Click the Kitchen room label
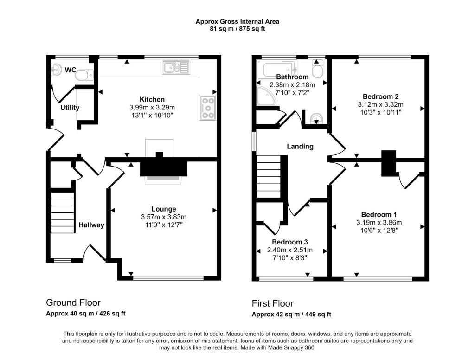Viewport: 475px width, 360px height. click(152, 99)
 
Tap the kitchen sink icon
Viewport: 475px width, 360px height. click(176, 68)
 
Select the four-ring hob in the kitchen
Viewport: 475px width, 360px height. click(207, 108)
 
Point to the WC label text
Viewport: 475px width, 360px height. click(71, 70)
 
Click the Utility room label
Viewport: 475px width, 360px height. click(70, 108)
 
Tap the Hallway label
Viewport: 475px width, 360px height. click(91, 225)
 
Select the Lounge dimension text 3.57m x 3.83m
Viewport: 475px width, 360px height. click(163, 217)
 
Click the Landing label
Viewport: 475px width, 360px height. click(300, 146)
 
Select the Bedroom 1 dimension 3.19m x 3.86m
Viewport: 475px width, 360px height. click(379, 222)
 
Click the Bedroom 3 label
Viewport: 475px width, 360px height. click(289, 242)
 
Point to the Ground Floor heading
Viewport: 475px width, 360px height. click(73, 303)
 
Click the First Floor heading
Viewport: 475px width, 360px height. click(272, 304)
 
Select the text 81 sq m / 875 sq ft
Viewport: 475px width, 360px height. click(237, 29)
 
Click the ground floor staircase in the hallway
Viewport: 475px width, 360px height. click(63, 213)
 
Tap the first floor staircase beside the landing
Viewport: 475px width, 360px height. click(269, 177)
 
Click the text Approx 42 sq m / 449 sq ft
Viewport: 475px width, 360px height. click(291, 315)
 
